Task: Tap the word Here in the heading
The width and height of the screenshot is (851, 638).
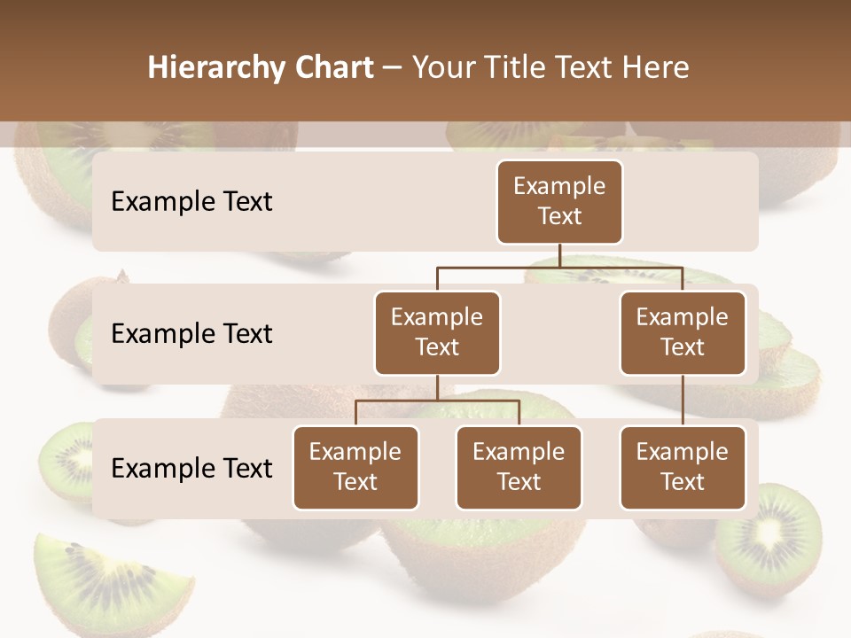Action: coord(655,68)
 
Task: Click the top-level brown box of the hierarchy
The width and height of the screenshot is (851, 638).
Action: coord(559,202)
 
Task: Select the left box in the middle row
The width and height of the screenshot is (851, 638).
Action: coord(437,333)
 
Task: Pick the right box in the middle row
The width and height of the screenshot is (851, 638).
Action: coord(683,333)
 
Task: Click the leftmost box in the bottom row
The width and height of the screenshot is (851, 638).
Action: coord(355,468)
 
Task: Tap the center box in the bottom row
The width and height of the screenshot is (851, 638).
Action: coord(519,468)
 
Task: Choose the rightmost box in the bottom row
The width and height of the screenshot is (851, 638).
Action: coord(683,468)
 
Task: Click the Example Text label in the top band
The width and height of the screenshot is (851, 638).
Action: coord(191,202)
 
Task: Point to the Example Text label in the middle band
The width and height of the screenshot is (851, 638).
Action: coord(191,334)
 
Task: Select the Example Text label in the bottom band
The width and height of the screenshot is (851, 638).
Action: coord(191,469)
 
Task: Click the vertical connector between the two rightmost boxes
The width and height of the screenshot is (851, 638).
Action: coord(683,401)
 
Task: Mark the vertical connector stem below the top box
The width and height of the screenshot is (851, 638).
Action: coord(559,255)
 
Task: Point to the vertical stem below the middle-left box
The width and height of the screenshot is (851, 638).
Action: coord(437,387)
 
